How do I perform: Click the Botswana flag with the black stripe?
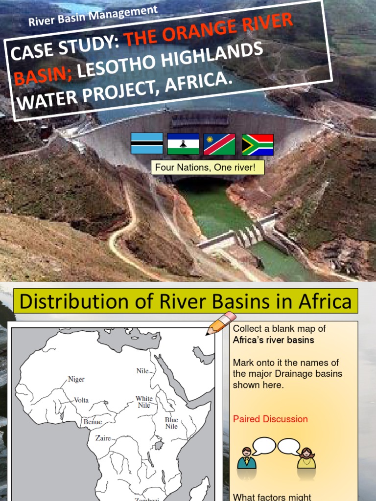point(147,143)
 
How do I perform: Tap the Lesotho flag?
point(183,143)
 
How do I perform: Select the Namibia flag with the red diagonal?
point(219,144)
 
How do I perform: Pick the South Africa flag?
point(258,144)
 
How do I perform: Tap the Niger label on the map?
point(76,379)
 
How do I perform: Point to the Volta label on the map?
point(81,400)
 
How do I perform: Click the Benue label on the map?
point(93,422)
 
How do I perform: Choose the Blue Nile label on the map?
point(171,423)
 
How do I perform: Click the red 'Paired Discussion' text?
point(270,419)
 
